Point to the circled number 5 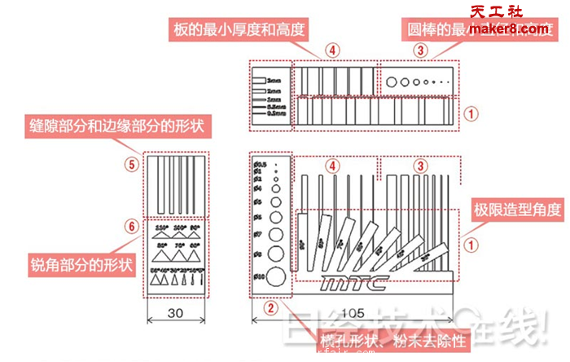click(x=129, y=163)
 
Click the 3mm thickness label click(x=274, y=82)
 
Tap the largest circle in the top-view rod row click(x=392, y=82)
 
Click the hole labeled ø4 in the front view click(x=278, y=198)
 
